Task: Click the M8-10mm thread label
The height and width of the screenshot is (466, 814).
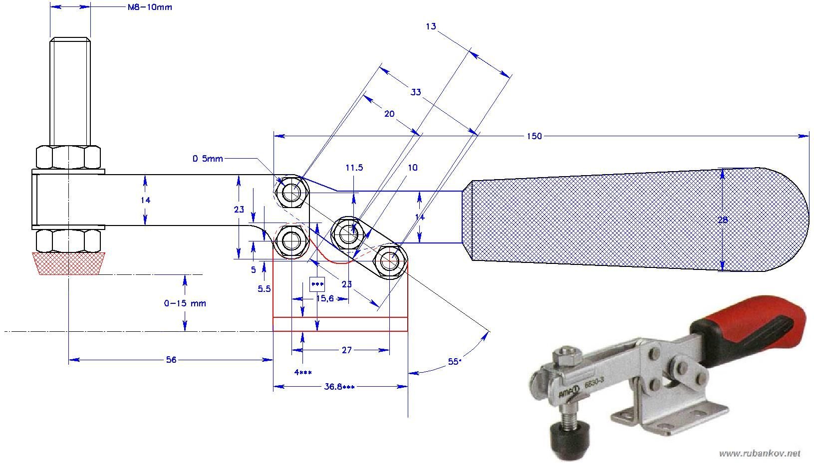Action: pyautogui.click(x=147, y=7)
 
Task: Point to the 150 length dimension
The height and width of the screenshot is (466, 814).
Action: pyautogui.click(x=534, y=136)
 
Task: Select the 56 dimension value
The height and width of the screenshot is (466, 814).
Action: pyautogui.click(x=171, y=359)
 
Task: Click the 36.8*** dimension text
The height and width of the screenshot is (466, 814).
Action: pyautogui.click(x=341, y=386)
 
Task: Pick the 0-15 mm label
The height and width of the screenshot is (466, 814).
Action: pyautogui.click(x=185, y=303)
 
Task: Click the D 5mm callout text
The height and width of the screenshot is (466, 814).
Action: pyautogui.click(x=208, y=159)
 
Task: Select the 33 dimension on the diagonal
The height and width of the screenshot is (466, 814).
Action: pyautogui.click(x=416, y=92)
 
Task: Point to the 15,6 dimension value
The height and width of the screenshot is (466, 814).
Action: pyautogui.click(x=324, y=298)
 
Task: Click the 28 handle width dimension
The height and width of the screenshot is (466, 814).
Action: pyautogui.click(x=723, y=220)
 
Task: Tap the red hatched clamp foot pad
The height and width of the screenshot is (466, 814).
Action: pyautogui.click(x=68, y=263)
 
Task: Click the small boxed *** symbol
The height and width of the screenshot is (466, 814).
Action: pyautogui.click(x=317, y=284)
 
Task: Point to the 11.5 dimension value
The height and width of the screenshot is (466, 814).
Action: pyautogui.click(x=354, y=168)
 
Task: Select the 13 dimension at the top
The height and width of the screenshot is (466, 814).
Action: pyautogui.click(x=431, y=26)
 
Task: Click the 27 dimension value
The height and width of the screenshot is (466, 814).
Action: pyautogui.click(x=346, y=350)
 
